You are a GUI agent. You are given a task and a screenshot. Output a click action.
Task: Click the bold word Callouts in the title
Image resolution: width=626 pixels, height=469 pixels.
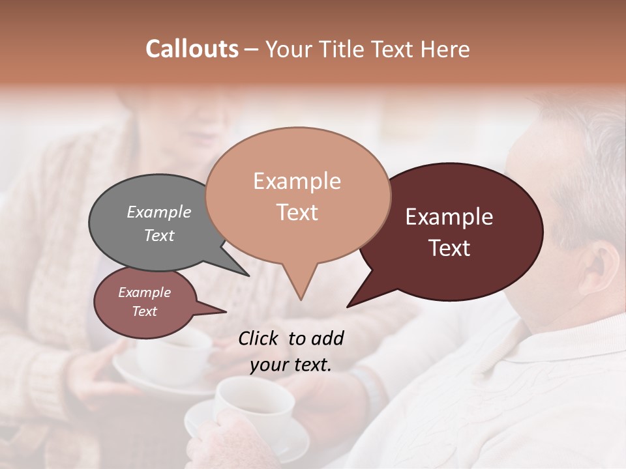[x=192, y=49]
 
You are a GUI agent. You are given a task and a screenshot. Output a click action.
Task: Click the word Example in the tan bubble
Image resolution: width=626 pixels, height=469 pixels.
[x=297, y=181]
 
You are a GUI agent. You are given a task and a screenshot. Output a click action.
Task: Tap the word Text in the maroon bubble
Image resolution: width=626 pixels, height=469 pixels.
[x=450, y=248]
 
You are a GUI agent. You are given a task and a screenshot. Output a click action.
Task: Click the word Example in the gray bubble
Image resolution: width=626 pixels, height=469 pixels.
[x=159, y=212]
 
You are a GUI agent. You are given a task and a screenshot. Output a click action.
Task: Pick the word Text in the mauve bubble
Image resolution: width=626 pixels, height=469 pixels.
[x=145, y=311]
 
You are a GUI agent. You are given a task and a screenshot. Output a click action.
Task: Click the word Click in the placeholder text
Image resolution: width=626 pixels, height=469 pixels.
[x=259, y=338]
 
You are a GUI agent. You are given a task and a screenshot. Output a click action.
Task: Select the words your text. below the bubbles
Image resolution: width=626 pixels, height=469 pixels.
[x=291, y=365]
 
